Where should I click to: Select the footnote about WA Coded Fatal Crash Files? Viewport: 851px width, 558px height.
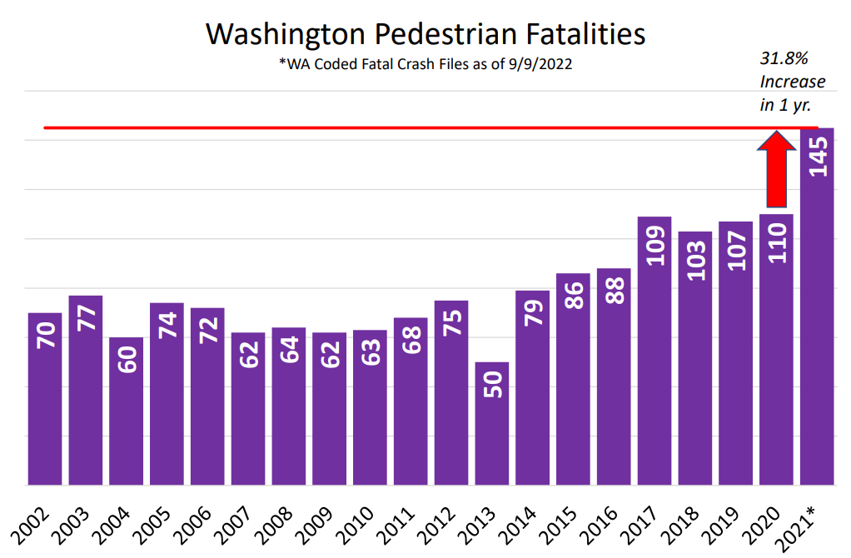(425, 64)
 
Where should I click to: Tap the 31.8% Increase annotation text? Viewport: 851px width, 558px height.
(792, 82)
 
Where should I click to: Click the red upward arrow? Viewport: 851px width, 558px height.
(776, 171)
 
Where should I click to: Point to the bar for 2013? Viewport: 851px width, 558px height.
(491, 425)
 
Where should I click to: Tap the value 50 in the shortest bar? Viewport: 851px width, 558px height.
(492, 385)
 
